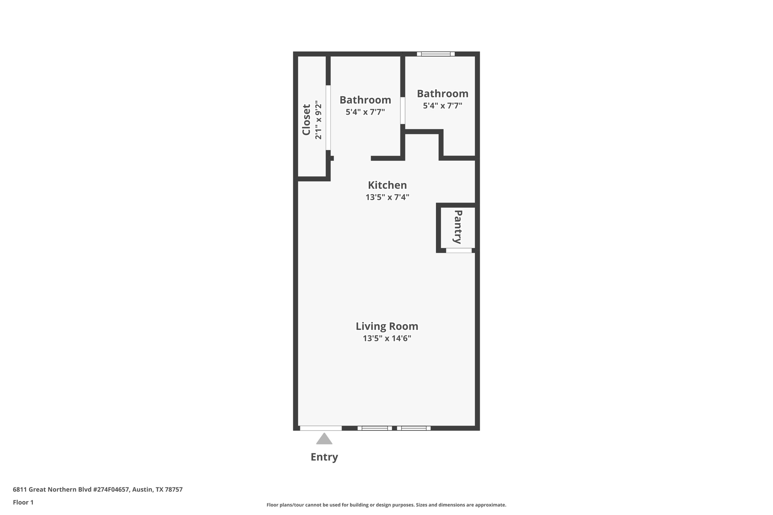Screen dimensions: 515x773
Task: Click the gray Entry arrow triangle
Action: tap(324, 439)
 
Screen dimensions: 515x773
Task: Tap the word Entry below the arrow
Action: tap(324, 457)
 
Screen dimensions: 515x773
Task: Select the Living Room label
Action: tap(387, 326)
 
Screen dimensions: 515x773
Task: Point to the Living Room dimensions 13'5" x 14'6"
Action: tap(387, 338)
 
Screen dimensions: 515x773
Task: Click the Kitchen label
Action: tap(387, 185)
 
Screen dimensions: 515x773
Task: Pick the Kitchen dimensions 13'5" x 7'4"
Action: tap(387, 197)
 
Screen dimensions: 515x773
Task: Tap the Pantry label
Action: tap(458, 227)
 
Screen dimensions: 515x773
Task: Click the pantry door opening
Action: tap(459, 251)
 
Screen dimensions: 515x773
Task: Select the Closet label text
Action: tap(306, 120)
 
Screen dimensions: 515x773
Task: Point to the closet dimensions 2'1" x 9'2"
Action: tap(319, 120)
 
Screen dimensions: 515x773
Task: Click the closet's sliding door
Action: tap(328, 118)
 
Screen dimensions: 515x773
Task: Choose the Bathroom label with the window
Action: tap(442, 94)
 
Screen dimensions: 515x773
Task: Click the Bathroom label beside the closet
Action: tap(365, 100)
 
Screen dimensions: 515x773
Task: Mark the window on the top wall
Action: tap(436, 54)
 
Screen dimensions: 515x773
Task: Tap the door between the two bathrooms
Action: tap(403, 111)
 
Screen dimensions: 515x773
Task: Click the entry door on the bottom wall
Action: tap(320, 428)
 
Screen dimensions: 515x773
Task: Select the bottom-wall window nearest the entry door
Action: tap(374, 428)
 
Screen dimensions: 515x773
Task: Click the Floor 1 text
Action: tap(23, 502)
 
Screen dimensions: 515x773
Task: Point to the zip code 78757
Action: tap(174, 489)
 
